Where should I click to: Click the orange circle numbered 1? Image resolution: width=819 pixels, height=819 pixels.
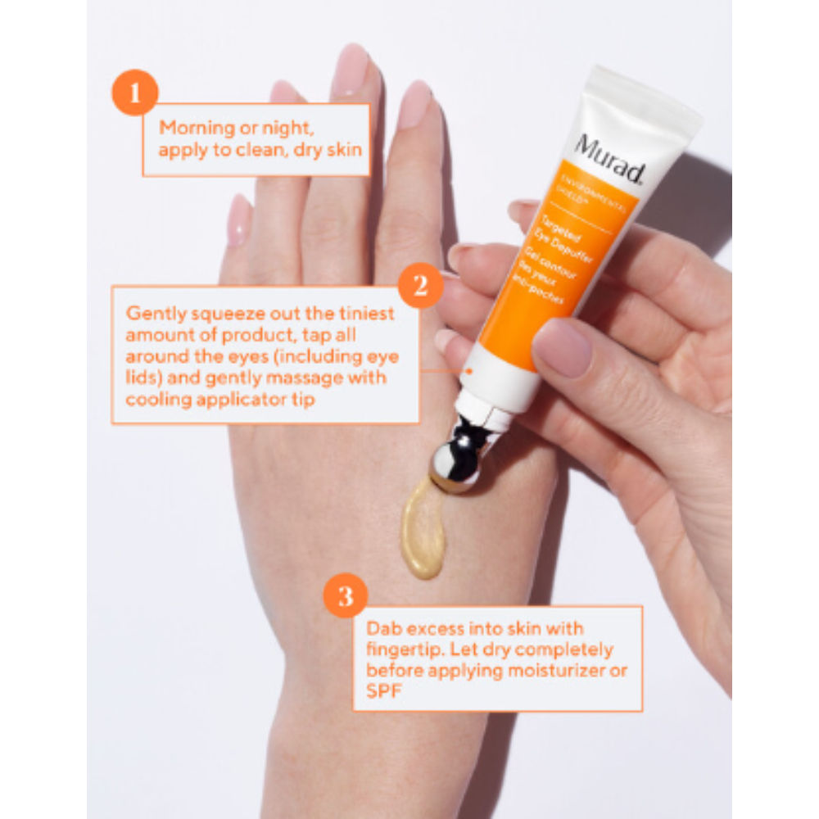(133, 93)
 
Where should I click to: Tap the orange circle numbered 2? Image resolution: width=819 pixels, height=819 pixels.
(420, 286)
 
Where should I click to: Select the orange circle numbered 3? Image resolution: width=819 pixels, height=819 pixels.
(345, 595)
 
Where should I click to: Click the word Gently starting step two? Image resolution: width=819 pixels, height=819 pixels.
(152, 314)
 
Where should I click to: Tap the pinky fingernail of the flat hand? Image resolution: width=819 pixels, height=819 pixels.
(239, 219)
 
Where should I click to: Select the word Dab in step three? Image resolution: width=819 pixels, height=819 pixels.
(382, 628)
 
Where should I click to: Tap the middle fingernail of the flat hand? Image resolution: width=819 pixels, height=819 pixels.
(350, 70)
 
